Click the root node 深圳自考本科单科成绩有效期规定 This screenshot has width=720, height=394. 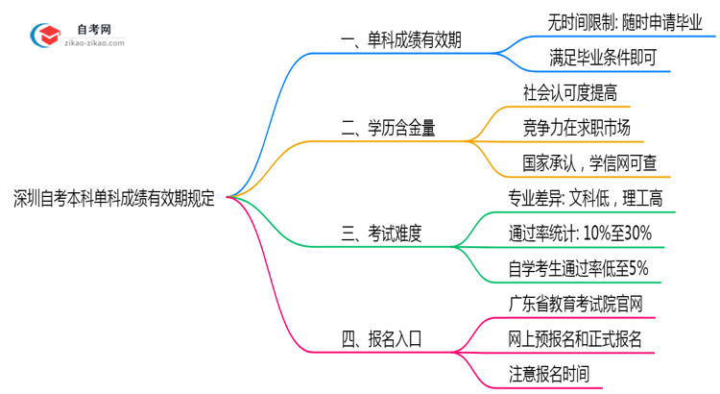pos(113,199)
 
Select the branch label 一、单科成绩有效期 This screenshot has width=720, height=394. pos(400,40)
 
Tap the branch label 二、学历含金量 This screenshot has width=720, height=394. pos(388,126)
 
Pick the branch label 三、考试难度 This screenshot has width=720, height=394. pos(381,232)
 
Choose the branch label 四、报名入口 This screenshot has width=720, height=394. pos(381,338)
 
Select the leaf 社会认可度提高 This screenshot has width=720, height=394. pos(569,92)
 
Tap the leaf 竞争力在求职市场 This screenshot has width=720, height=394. pos(577,127)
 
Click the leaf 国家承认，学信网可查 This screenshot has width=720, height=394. pos(589,162)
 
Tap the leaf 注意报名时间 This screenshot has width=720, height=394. pos(556,374)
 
